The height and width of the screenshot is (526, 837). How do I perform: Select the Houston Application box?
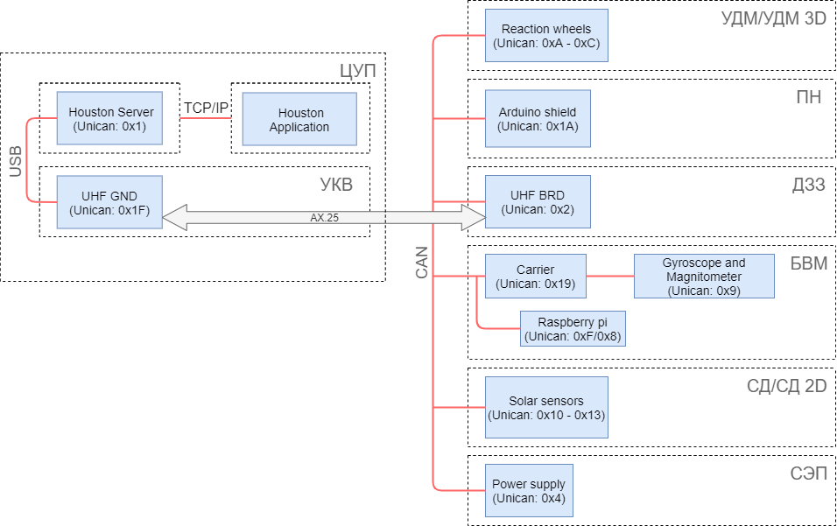[299, 119]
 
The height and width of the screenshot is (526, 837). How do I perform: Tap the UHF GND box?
[109, 202]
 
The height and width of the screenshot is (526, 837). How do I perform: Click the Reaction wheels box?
[546, 36]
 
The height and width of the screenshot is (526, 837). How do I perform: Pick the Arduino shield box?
[538, 119]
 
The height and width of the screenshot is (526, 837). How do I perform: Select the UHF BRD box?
[538, 202]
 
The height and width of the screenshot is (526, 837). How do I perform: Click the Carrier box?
[535, 277]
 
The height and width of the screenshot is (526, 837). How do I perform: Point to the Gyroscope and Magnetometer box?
[704, 277]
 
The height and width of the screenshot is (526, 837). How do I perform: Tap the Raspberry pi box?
[573, 329]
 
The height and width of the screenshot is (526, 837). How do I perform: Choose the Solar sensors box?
[546, 408]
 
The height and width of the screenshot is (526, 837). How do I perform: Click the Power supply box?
[529, 491]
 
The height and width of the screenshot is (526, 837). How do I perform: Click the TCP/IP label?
[206, 108]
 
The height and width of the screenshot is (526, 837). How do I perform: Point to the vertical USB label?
[15, 161]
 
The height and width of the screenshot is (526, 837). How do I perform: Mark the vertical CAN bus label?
[422, 263]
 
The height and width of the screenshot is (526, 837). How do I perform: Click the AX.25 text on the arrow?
[324, 218]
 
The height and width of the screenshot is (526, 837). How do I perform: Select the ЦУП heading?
[357, 71]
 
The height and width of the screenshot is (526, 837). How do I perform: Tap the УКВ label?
[336, 185]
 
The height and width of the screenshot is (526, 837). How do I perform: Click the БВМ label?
[808, 263]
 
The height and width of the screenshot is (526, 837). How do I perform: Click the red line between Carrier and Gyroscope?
[609, 277]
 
